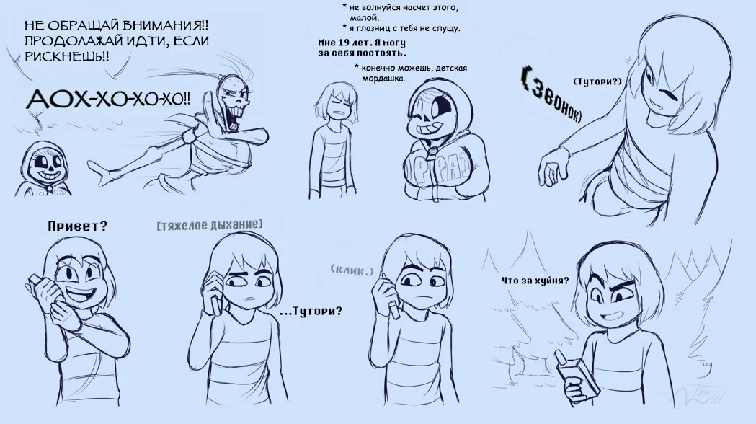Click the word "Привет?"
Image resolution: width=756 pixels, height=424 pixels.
[77, 226]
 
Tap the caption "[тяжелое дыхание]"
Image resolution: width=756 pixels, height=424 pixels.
[210, 224]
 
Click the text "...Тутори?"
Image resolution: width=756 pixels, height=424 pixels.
[311, 311]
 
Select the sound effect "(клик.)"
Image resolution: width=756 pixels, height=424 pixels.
[352, 270]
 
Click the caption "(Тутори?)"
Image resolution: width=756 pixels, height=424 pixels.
[597, 81]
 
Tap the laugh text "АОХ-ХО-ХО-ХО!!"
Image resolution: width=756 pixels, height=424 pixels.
[108, 100]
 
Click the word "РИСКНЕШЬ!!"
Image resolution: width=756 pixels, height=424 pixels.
[66, 56]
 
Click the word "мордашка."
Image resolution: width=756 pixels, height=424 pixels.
[383, 78]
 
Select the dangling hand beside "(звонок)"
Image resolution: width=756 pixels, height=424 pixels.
[553, 167]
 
